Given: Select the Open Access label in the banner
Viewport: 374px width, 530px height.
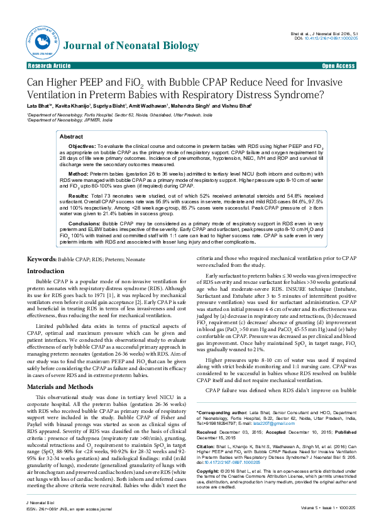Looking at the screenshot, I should coord(338,65).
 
